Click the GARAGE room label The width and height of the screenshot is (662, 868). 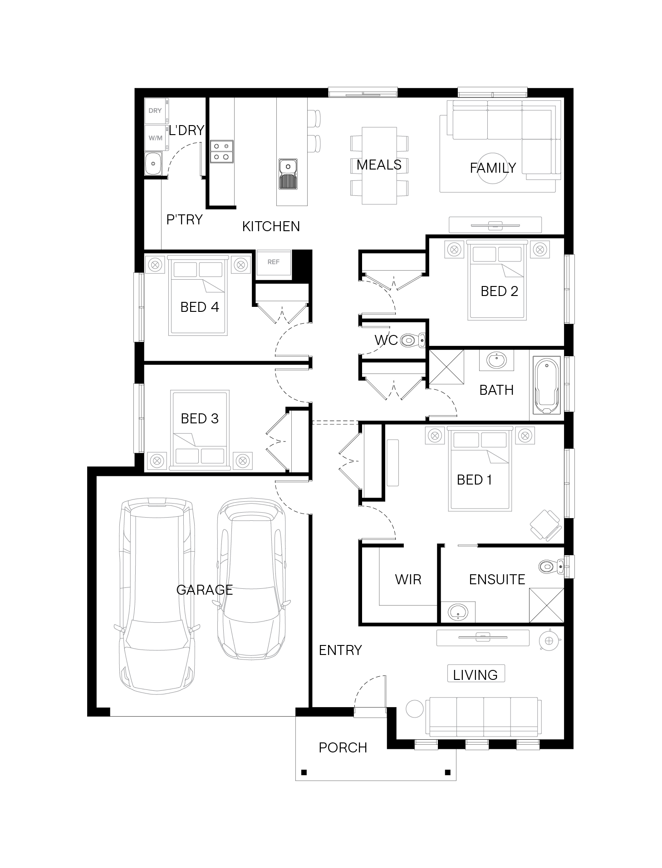(204, 590)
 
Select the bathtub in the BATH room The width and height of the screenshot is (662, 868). (547, 386)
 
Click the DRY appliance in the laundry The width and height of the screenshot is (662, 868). (156, 111)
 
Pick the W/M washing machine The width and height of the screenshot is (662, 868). (156, 138)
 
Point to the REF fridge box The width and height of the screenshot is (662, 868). (274, 262)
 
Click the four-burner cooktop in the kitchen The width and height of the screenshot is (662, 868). (222, 151)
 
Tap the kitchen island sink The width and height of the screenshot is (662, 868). (288, 174)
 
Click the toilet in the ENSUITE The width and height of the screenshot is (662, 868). (551, 566)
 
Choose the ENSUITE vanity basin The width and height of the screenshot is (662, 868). (457, 611)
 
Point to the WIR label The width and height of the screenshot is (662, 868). (408, 579)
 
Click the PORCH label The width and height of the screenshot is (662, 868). (343, 747)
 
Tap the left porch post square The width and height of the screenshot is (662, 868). (304, 772)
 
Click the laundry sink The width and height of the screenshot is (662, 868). (153, 164)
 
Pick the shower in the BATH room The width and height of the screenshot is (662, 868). (446, 367)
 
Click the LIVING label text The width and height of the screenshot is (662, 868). (475, 675)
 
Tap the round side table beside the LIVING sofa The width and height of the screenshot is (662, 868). (414, 709)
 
